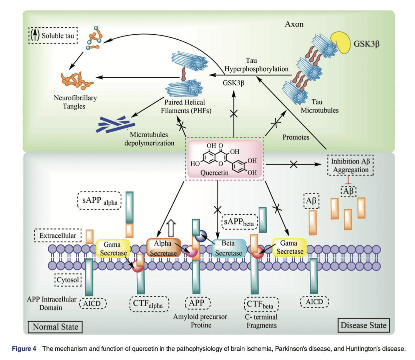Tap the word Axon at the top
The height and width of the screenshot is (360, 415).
tap(294, 24)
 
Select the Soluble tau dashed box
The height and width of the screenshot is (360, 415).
tap(54, 36)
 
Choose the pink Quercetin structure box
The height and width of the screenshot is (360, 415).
tap(224, 160)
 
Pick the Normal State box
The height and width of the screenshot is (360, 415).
tap(55, 327)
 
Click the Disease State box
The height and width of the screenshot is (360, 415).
tap(363, 325)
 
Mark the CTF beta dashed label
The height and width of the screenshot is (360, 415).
tap(261, 305)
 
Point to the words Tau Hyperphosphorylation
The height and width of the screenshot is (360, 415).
tap(256, 65)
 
